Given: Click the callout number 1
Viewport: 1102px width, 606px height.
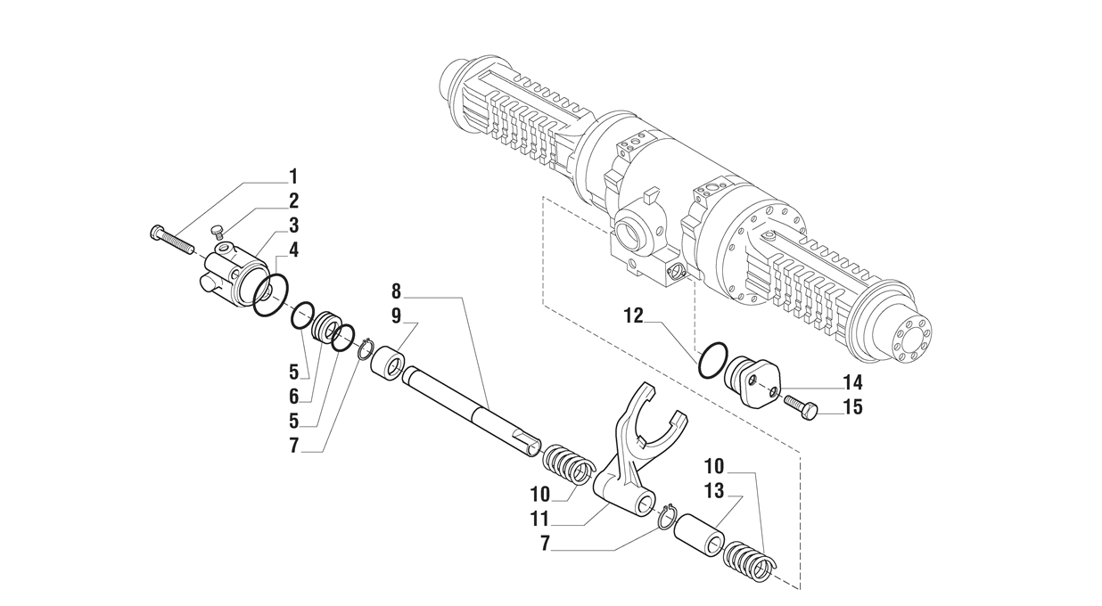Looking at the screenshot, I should pos(293,176).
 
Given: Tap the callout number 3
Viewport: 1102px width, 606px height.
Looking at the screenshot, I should pos(293,225).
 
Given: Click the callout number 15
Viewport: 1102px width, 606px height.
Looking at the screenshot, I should pos(853,409).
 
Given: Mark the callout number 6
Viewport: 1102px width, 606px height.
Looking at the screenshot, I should pos(293,396).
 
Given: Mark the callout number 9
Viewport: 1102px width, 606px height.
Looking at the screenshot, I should pos(397,315).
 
